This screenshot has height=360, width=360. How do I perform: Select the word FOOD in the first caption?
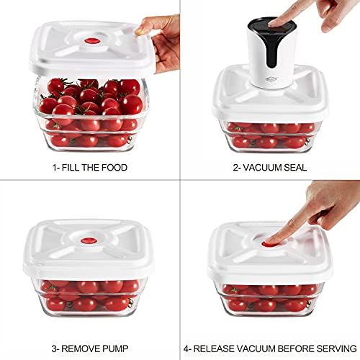pos(115,167)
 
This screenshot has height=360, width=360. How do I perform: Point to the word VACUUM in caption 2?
pos(258,167)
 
